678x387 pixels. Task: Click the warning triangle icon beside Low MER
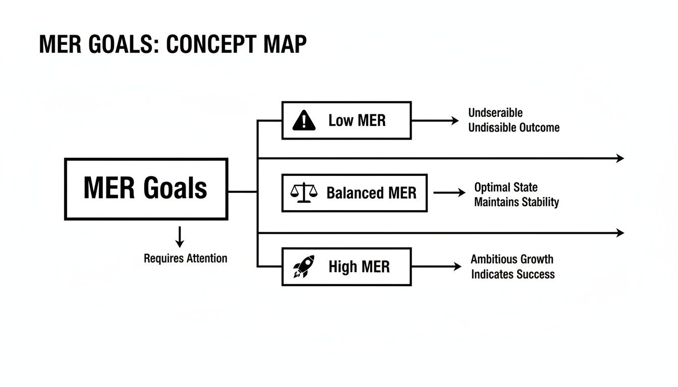[304, 121]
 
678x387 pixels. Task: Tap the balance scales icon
[305, 193]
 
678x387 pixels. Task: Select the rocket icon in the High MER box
[304, 267]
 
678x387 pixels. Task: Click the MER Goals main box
[146, 189]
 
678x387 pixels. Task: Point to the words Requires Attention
[185, 259]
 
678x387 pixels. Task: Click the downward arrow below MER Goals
[180, 237]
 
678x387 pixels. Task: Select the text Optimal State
[505, 187]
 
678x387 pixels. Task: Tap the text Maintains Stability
[516, 203]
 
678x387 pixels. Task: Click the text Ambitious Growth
[512, 260]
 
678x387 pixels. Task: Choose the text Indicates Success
[513, 275]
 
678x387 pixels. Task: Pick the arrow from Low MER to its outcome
[435, 121]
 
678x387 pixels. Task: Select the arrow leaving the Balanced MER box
[449, 193]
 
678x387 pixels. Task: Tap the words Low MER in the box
[357, 121]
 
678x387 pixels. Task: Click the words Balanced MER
[371, 193]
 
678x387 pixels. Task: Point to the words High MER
[359, 267]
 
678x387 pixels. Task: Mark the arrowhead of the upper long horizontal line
[620, 158]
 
